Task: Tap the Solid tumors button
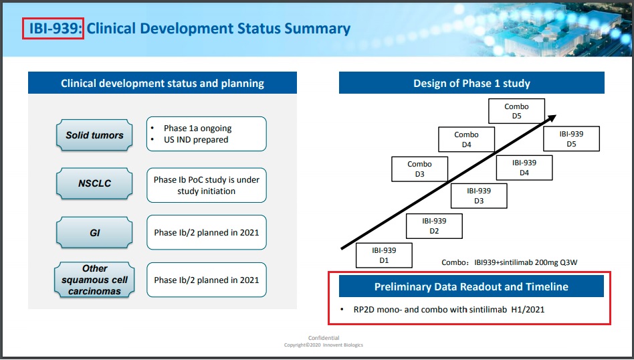point(94,135)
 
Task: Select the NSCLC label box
point(94,183)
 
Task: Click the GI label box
point(94,233)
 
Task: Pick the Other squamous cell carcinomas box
point(94,280)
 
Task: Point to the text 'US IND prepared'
point(196,140)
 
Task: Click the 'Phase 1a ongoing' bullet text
point(197,128)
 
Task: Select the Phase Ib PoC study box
point(206,185)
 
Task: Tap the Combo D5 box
point(516,111)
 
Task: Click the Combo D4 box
point(466,139)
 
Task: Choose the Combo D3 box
point(419,169)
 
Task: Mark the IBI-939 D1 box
point(384,255)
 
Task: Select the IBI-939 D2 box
point(434,226)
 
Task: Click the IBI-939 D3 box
point(479,196)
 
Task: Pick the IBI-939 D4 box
point(524,167)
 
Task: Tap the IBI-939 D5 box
point(571,139)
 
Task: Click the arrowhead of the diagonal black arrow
point(552,118)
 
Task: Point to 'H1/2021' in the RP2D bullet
point(528,309)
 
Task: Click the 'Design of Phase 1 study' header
point(471,83)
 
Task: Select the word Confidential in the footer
point(324,338)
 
